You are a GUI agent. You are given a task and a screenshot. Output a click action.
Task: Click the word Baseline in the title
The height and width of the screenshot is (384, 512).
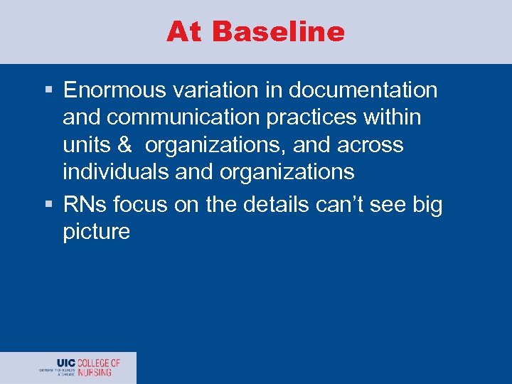coord(278,32)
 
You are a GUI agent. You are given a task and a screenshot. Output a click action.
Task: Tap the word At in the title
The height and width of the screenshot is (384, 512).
coord(186,32)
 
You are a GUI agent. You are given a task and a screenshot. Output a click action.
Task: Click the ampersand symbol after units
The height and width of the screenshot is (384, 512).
coord(124,145)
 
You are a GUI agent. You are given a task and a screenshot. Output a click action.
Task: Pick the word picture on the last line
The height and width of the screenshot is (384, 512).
coord(96,233)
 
